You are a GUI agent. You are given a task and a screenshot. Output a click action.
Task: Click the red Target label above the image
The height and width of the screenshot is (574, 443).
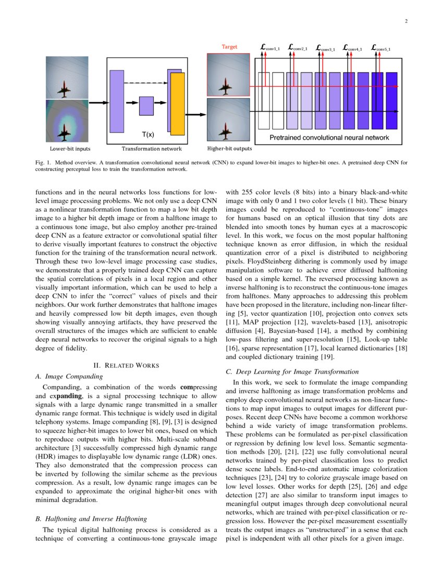tap(229, 47)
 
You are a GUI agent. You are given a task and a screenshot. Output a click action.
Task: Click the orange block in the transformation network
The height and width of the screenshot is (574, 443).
tap(178, 104)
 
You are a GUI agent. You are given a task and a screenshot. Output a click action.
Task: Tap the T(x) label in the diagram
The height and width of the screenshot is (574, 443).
tap(148, 135)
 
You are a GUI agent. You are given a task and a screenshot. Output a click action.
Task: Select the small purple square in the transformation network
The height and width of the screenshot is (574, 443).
tap(146, 106)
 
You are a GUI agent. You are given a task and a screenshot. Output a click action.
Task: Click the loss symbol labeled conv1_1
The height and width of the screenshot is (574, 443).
tap(270, 48)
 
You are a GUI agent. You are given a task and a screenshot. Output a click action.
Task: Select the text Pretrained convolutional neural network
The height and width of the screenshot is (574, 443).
tap(329, 138)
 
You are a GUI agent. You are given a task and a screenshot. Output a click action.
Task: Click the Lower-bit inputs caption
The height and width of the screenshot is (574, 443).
tap(67, 149)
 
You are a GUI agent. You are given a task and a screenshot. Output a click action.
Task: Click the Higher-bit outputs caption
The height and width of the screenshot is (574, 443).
tap(229, 149)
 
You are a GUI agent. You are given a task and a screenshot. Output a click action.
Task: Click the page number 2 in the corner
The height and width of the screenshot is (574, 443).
tap(405, 21)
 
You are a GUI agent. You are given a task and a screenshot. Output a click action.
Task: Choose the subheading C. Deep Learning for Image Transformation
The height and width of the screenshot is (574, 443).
tap(292, 372)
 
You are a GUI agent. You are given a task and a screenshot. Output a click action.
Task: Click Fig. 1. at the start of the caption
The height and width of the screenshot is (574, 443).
tap(41, 163)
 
